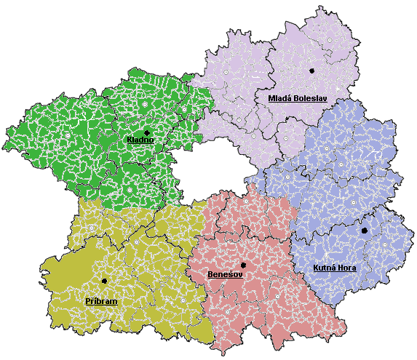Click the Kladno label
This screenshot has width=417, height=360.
click(140, 140)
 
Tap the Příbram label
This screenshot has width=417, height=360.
click(101, 300)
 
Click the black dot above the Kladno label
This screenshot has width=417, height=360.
click(147, 132)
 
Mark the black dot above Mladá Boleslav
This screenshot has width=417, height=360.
click(311, 71)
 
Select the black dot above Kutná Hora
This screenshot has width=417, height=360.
click(364, 231)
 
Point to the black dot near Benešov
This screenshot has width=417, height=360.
click(243, 265)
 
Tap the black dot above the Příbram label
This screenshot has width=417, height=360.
click(104, 281)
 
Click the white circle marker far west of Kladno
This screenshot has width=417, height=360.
click(68, 136)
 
